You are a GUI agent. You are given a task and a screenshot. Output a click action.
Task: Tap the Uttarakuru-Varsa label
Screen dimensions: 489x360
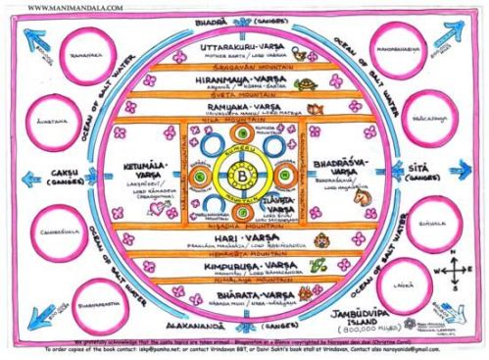coord(242,45)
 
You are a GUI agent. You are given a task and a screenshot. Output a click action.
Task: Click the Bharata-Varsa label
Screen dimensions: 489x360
coord(242,292)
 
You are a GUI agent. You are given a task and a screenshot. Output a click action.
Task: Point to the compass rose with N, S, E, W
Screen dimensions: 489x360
coord(460,274)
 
